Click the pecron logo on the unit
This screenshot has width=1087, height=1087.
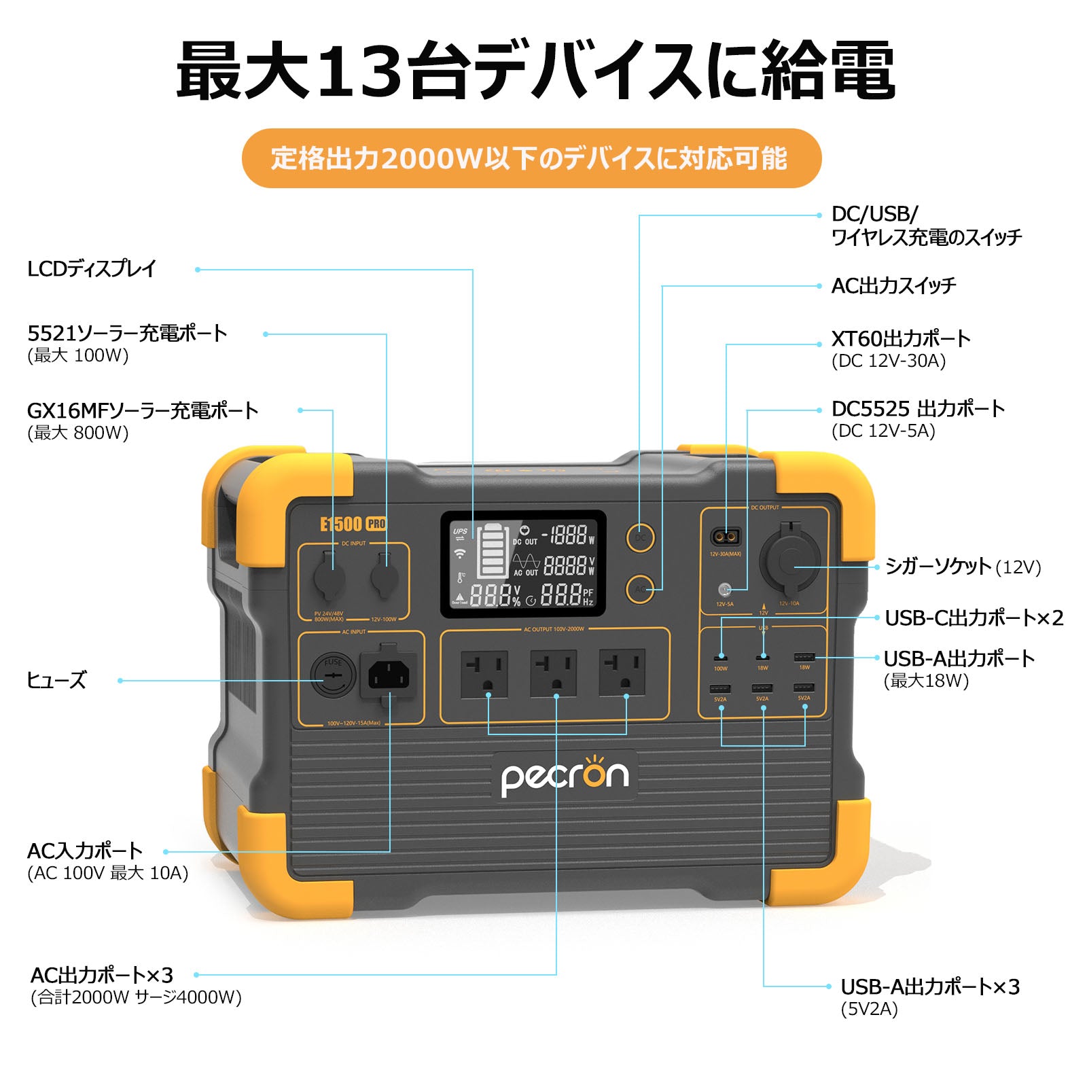[565, 776]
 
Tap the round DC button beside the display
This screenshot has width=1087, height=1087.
[640, 537]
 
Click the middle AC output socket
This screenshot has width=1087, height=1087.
[554, 674]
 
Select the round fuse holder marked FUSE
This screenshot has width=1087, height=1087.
[333, 675]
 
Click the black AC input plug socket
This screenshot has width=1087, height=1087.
[389, 675]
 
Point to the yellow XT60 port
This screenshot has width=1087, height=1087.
[725, 537]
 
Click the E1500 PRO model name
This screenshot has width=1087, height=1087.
[353, 524]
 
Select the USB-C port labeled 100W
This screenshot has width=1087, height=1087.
[720, 658]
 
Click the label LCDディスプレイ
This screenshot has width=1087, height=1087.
[92, 269]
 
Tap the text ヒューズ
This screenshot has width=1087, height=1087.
[56, 680]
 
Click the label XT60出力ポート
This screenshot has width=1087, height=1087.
[901, 338]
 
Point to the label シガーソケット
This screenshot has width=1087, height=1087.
[938, 566]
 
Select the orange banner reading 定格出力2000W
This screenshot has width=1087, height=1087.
[531, 158]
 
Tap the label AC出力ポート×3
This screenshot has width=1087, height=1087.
[102, 975]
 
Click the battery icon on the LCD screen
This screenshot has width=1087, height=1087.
[492, 551]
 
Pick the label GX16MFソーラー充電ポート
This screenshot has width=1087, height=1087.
[143, 410]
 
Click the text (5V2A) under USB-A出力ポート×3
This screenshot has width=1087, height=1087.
[869, 1009]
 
